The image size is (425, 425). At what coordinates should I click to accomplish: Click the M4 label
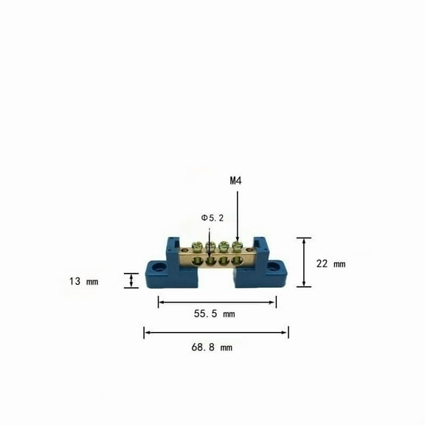(x=236, y=181)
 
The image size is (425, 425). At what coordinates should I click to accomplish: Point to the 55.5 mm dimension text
(x=214, y=314)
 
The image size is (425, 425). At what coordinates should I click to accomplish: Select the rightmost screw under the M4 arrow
(x=237, y=246)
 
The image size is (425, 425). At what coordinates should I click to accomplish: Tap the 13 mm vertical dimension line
(x=131, y=280)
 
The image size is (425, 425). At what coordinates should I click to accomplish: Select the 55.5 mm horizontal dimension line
(x=217, y=301)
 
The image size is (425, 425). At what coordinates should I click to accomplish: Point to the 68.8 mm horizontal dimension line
(x=216, y=333)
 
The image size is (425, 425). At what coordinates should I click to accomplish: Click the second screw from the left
(x=211, y=246)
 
